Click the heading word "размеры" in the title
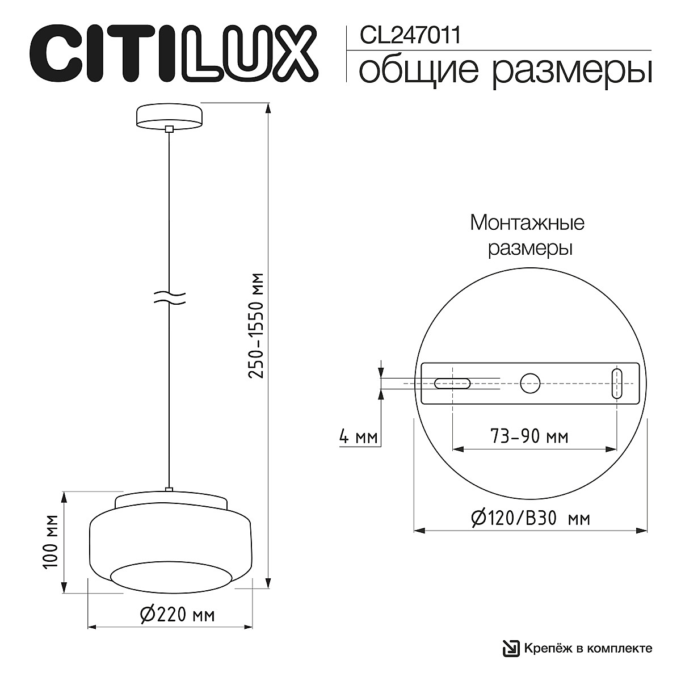click(x=571, y=72)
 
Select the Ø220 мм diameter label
click(x=176, y=614)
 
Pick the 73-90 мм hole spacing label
click(x=528, y=436)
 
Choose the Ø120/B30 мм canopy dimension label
click(x=531, y=518)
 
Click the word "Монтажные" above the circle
click(x=527, y=222)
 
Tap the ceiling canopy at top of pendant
click(x=169, y=116)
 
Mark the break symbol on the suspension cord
click(x=170, y=299)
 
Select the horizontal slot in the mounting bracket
click(x=452, y=384)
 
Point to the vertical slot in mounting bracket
click(x=617, y=384)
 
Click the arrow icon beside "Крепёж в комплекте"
click(x=510, y=648)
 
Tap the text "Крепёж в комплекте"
click(x=587, y=648)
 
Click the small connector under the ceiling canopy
click(x=169, y=129)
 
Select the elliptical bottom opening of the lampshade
click(x=171, y=576)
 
